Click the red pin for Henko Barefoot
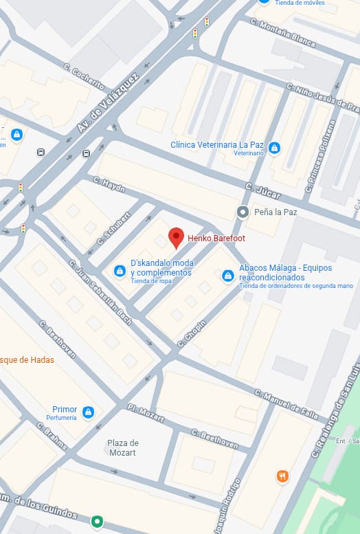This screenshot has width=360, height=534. [x=176, y=237]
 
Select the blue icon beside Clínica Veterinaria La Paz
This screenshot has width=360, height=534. [x=274, y=148]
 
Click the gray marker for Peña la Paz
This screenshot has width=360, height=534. [x=242, y=212]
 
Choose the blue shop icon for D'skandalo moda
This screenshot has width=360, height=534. [x=120, y=271]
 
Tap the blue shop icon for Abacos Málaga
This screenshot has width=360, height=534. [x=227, y=276]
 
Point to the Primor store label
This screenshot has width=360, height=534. [x=65, y=410]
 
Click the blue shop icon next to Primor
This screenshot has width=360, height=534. [x=88, y=412]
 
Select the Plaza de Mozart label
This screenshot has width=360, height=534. [x=124, y=447]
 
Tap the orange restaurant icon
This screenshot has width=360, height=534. [x=282, y=476]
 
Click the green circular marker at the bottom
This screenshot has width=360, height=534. [x=98, y=522]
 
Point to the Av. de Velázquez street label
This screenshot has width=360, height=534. [x=108, y=103]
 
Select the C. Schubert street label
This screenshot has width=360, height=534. [x=113, y=227]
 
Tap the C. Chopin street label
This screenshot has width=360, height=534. [x=192, y=333]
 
